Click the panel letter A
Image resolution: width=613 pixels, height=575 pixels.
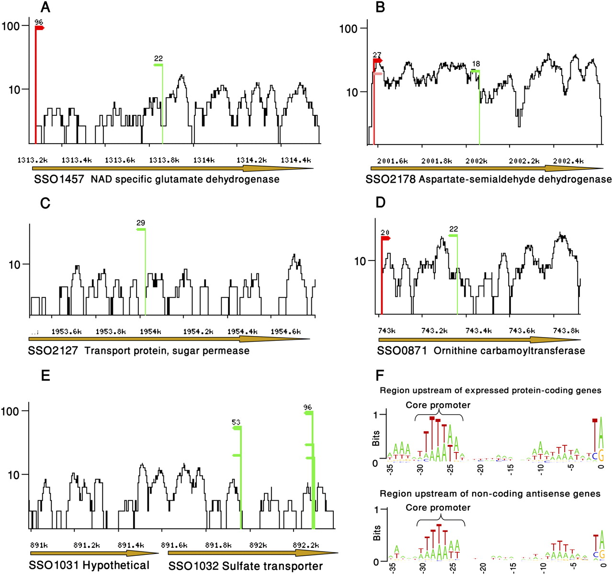pos(45,7)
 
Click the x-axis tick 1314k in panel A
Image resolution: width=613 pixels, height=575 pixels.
pos(204,160)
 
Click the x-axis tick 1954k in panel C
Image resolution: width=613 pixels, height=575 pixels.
pos(150,331)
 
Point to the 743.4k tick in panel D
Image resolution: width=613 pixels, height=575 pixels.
pos(478,330)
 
